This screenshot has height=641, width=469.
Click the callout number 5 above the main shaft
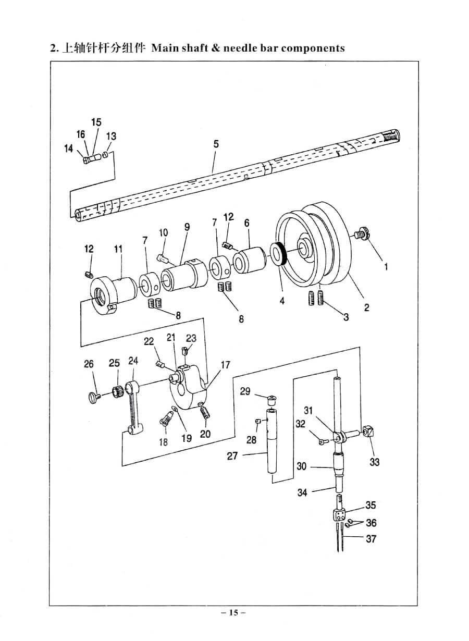coord(216,144)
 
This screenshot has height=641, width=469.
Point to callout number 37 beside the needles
coord(371,538)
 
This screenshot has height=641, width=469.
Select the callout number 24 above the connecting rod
coord(133,361)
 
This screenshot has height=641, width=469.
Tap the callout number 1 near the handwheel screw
coord(386,267)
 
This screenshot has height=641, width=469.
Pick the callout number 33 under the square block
coord(374,462)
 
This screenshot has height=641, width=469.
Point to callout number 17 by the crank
coord(226,365)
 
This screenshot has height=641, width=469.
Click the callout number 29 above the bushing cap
coord(245,391)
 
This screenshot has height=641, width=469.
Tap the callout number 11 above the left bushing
coord(118,249)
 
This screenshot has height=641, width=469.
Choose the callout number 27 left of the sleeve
coord(232,455)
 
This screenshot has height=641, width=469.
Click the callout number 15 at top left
coord(96,122)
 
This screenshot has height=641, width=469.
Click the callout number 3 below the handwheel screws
coord(346,317)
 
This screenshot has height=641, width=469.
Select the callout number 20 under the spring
coord(205,434)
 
